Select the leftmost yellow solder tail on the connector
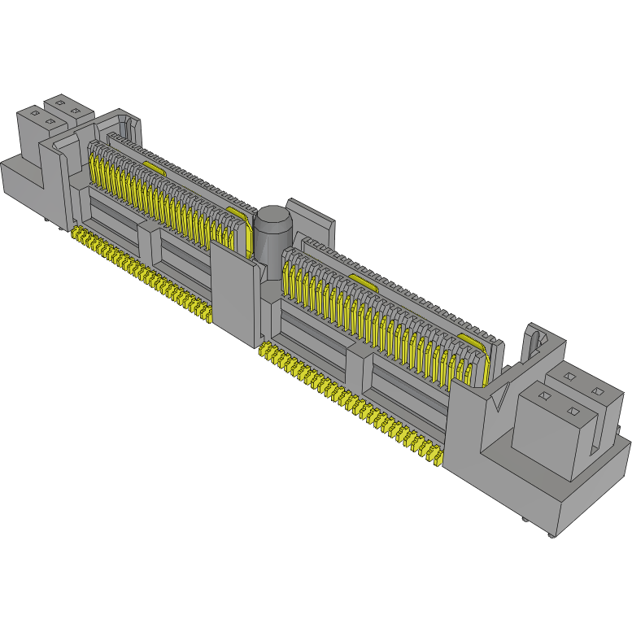click(76, 234)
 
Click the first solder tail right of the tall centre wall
click(264, 352)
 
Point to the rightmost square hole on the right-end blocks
click(598, 392)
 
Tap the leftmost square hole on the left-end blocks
click(35, 115)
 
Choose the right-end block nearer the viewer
click(549, 431)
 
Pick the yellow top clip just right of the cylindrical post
click(365, 281)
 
